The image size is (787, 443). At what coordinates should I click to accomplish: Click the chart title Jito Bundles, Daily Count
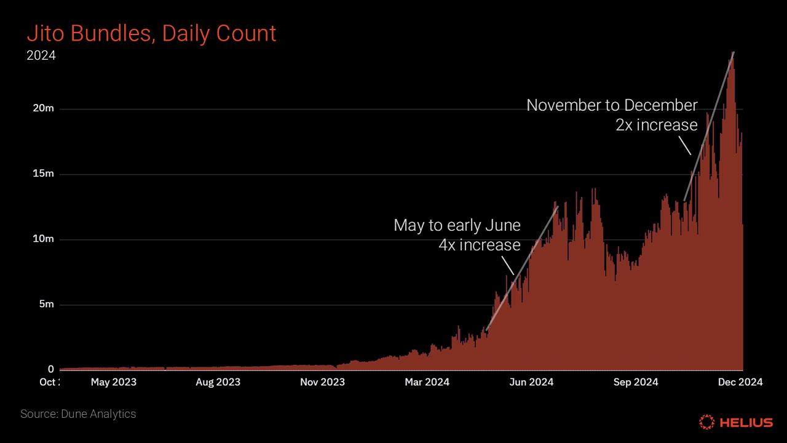pyautogui.click(x=151, y=33)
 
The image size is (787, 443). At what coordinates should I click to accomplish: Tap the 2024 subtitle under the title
pyautogui.click(x=41, y=56)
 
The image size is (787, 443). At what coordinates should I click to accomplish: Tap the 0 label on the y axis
pyautogui.click(x=51, y=370)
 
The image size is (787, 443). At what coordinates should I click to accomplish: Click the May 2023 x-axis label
pyautogui.click(x=114, y=382)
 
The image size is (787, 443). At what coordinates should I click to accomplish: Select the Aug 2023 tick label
pyautogui.click(x=218, y=382)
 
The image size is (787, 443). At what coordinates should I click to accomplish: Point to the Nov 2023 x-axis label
pyautogui.click(x=322, y=382)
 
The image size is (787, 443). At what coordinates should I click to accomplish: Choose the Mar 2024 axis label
pyautogui.click(x=427, y=382)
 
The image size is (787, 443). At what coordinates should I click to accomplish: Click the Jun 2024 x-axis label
pyautogui.click(x=531, y=382)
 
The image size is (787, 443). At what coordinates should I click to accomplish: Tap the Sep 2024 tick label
pyautogui.click(x=636, y=382)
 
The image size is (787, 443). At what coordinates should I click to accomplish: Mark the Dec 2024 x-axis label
pyautogui.click(x=740, y=382)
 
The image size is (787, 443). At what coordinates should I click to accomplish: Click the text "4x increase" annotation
pyautogui.click(x=479, y=245)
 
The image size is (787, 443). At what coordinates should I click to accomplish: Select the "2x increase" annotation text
pyautogui.click(x=656, y=125)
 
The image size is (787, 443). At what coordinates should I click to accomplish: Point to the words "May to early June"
pyautogui.click(x=457, y=225)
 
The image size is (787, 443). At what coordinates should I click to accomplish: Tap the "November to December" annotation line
pyautogui.click(x=612, y=105)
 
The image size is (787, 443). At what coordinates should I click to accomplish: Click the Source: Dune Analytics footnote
pyautogui.click(x=78, y=414)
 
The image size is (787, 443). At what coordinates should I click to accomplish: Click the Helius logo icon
pyautogui.click(x=707, y=422)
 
